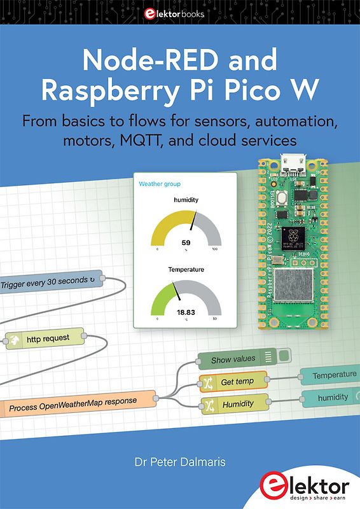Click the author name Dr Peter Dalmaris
click(x=180, y=457)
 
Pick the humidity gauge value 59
click(x=186, y=242)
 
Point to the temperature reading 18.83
click(x=186, y=312)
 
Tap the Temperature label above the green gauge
click(x=186, y=270)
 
